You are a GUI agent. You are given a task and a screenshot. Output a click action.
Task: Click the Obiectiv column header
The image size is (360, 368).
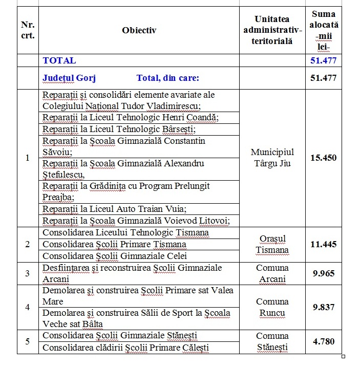pos(139,30)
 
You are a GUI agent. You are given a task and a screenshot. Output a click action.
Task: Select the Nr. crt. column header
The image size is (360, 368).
pos(28,30)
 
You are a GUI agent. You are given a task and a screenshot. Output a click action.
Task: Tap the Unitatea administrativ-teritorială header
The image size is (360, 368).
pos(271,30)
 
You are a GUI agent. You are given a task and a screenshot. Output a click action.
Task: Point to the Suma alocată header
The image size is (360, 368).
pos(324,30)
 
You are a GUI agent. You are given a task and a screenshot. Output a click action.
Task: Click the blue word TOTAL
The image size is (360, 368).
pos(59,60)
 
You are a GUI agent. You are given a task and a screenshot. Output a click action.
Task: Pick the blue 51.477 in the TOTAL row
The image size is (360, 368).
pos(324,60)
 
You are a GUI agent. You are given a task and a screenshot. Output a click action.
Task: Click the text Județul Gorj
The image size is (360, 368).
pos(69,78)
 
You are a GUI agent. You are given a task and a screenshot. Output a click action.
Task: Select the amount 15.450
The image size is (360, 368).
pos(324,158)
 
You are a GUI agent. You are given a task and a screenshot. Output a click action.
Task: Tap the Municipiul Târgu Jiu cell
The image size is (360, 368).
pos(272,158)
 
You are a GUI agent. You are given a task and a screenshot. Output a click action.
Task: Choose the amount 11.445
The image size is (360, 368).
pos(324,244)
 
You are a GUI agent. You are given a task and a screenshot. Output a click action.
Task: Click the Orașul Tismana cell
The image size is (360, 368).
pos(272,245)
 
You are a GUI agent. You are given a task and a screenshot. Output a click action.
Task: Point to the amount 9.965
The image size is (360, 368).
pos(324,273)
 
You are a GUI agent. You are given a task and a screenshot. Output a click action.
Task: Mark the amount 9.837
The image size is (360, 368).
pos(324,307)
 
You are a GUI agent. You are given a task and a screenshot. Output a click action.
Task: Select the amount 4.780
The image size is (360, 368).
pos(324,341)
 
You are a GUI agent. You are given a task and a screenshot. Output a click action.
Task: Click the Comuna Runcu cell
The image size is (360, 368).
pos(272,307)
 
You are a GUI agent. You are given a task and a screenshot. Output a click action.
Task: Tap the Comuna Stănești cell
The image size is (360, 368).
pos(272,341)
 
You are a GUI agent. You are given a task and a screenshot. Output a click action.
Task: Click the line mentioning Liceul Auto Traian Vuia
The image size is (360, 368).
pos(114,209)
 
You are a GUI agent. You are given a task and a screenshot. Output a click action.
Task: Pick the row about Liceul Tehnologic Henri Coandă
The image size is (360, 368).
pos(130,118)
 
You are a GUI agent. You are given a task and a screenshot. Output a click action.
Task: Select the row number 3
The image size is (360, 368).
pos(28,273)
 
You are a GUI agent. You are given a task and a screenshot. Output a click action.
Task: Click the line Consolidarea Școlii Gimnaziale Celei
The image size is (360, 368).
pos(114,256)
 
